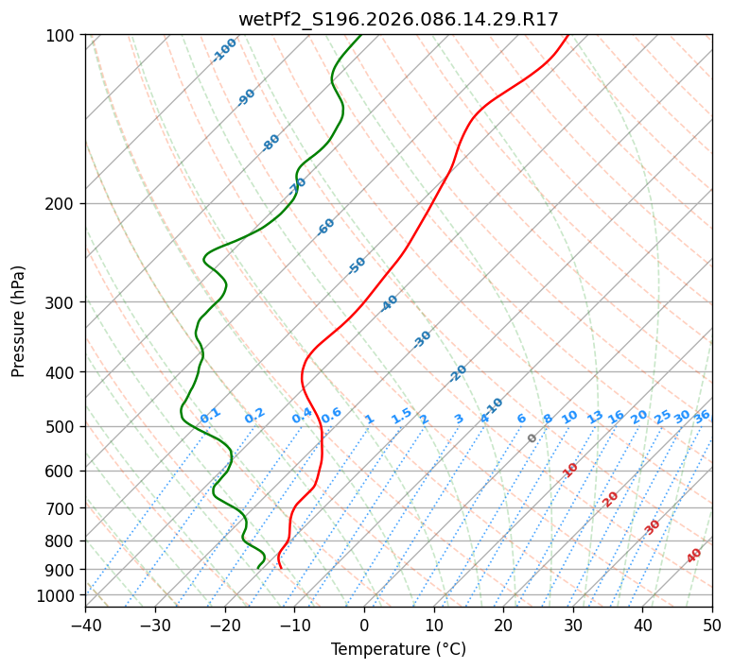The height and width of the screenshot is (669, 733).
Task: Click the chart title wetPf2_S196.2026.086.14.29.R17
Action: click(x=398, y=19)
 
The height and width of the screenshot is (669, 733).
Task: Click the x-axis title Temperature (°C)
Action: click(x=398, y=650)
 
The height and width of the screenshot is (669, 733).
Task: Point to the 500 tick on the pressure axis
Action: click(x=61, y=427)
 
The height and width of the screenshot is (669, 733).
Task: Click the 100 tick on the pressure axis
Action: click(x=61, y=36)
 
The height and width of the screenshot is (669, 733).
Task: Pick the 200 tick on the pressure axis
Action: click(x=61, y=204)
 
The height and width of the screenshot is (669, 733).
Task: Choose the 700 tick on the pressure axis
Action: click(x=61, y=508)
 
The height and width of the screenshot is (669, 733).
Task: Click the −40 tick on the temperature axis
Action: click(x=85, y=626)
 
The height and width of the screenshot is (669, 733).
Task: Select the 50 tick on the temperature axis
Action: click(x=712, y=626)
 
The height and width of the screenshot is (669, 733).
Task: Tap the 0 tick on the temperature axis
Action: click(x=364, y=626)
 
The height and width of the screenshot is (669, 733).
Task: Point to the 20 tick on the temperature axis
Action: click(x=503, y=626)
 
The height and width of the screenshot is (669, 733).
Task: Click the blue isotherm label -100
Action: click(x=225, y=49)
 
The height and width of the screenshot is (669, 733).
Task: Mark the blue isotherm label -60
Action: click(x=326, y=227)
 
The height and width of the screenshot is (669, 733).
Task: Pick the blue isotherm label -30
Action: click(x=422, y=339)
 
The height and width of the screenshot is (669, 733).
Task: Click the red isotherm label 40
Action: click(x=694, y=556)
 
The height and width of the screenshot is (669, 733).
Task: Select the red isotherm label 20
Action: click(x=611, y=498)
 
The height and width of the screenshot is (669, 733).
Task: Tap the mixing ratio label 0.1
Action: click(x=210, y=415)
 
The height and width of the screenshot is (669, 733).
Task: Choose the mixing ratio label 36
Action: click(x=702, y=416)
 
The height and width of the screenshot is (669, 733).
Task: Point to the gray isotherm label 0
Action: click(x=532, y=438)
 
